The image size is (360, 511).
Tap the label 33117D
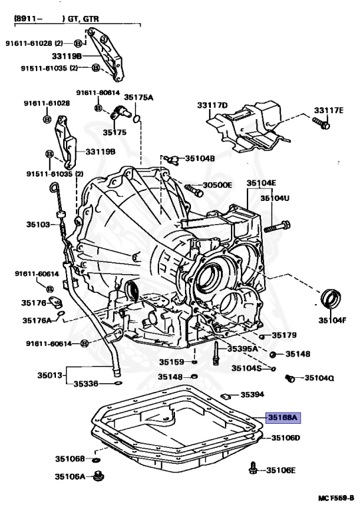point(212,105)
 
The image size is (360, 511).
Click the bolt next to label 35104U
point(278,226)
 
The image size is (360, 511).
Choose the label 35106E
point(281,470)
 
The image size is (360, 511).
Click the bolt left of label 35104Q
point(289,379)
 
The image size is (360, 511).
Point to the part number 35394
point(252,395)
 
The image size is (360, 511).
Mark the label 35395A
point(242,348)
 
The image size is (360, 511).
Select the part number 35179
point(284,335)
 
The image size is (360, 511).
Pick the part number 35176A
point(37,320)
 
